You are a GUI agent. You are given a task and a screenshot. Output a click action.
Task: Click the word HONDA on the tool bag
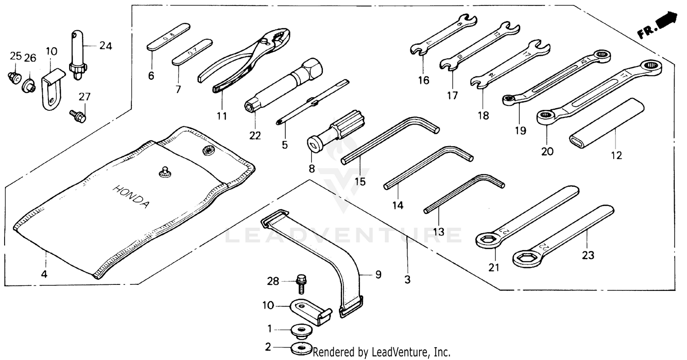(131, 197)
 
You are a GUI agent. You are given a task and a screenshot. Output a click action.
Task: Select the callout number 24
(106, 46)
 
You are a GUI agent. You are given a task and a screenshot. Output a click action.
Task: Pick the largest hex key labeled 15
(389, 140)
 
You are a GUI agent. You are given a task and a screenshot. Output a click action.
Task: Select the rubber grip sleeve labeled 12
(607, 123)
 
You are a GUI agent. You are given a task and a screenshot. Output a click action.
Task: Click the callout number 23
(588, 255)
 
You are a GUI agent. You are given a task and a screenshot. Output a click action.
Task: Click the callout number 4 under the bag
(44, 275)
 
